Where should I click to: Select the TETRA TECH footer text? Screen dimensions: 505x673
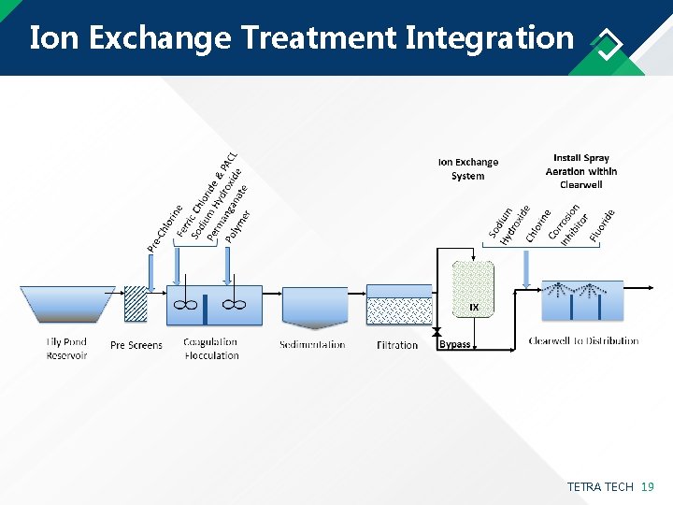[x=599, y=487]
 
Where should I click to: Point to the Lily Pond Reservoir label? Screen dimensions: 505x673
[x=66, y=349]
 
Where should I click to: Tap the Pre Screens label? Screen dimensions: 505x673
[x=136, y=345]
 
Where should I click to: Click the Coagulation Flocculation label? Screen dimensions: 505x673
[x=211, y=349]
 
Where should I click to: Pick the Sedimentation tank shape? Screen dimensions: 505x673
[x=314, y=306]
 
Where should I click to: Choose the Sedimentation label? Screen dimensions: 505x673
[x=312, y=345]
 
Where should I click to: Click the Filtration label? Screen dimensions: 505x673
[x=397, y=345]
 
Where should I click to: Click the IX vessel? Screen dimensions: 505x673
[x=473, y=289]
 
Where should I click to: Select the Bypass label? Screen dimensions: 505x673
[x=455, y=345]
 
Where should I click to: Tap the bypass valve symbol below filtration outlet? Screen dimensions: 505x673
[x=437, y=332]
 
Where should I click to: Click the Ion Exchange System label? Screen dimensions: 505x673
[x=468, y=168]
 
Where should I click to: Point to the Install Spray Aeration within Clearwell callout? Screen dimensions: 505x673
[x=581, y=171]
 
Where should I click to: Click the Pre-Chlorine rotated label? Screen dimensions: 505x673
[x=165, y=228]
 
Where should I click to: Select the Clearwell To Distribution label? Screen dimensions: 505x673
[x=583, y=341]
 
